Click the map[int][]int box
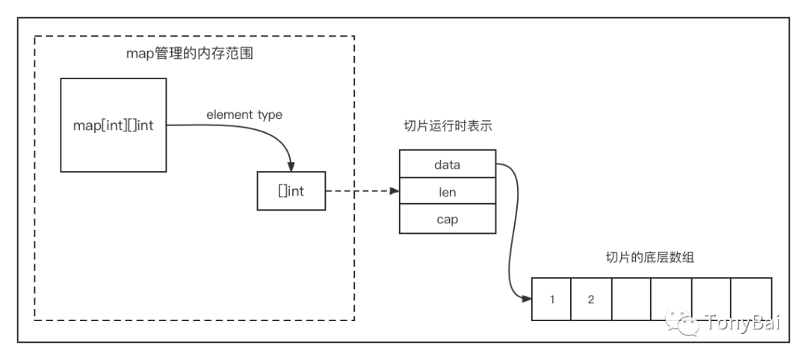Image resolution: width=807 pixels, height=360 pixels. (113, 125)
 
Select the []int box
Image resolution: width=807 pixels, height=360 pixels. (291, 192)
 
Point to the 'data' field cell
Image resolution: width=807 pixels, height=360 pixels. (447, 164)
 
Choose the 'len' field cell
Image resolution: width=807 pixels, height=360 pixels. (447, 192)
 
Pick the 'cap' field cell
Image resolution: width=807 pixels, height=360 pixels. (447, 220)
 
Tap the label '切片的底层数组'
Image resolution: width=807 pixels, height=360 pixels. (650, 258)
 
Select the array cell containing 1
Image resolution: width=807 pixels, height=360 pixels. (551, 300)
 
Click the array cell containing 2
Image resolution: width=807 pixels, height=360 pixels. (591, 300)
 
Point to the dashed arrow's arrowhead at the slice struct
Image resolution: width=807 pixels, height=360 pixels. (394, 192)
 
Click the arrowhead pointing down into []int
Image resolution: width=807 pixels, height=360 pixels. (291, 166)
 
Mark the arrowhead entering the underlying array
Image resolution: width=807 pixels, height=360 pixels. (527, 299)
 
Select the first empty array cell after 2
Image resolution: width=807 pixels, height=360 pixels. (631, 300)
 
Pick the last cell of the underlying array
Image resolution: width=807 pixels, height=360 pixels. (751, 300)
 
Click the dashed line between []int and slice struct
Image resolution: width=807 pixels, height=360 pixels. (359, 192)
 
